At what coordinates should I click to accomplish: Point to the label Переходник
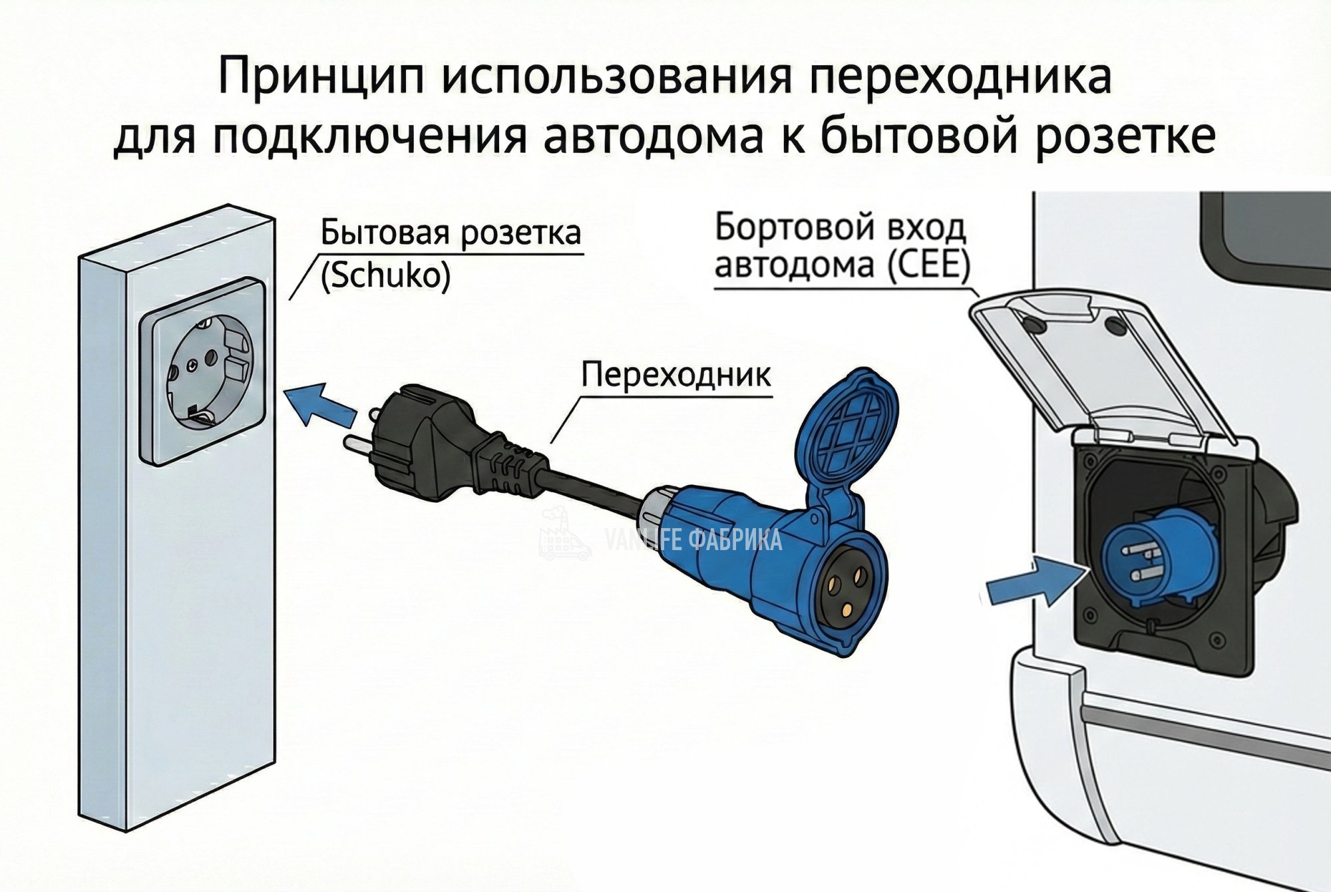[x=675, y=375]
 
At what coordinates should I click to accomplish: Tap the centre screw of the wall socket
[x=192, y=365]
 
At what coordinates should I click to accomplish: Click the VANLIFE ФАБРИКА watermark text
[x=692, y=539]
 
